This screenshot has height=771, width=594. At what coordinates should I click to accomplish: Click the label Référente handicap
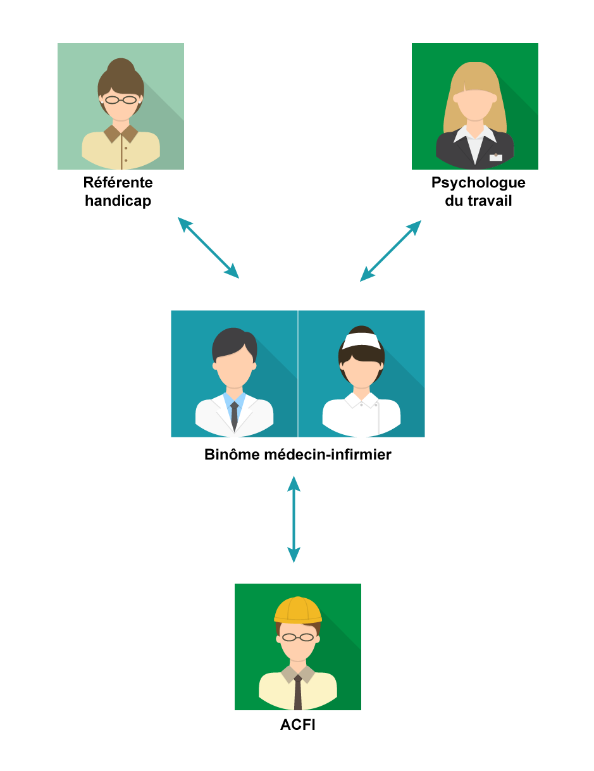[x=118, y=192]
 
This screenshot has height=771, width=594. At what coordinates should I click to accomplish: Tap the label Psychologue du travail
[x=478, y=192]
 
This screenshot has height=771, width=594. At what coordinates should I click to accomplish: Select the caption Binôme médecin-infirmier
[x=298, y=454]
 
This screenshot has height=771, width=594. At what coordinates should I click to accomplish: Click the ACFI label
[x=298, y=725]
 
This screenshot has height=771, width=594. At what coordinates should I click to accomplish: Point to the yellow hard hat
[x=298, y=610]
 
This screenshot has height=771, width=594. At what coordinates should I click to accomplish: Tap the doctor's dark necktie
[x=234, y=416]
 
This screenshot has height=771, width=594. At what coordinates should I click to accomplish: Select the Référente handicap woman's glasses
[x=121, y=100]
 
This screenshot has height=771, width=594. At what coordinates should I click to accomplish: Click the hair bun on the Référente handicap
[x=121, y=66]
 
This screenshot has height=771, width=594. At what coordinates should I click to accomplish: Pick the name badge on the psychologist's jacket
[x=495, y=157]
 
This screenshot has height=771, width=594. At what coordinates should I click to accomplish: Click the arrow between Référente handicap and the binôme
[x=208, y=248]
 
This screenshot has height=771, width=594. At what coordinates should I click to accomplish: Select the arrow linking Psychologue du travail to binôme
[x=390, y=251]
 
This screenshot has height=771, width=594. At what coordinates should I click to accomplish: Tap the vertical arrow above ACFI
[x=294, y=519]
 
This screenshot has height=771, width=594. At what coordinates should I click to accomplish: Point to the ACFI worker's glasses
[x=298, y=637]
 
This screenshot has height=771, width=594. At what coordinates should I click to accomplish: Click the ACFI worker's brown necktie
[x=298, y=692]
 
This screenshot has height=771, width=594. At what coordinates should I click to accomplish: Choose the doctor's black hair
[x=234, y=344]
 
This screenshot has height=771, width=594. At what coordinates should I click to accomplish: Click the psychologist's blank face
[x=475, y=105]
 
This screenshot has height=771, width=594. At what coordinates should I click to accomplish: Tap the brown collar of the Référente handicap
[x=121, y=134]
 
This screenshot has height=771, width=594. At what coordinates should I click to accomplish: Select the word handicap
[x=118, y=201]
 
